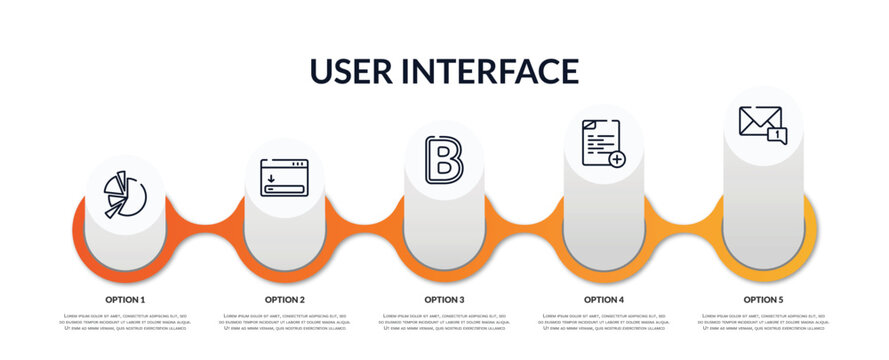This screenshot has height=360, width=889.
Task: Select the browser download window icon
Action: point(284,177)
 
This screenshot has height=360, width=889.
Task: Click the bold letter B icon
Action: point(443,160)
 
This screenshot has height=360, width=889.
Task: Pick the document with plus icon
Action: point(603,143)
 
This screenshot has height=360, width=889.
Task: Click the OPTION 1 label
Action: point(125,299)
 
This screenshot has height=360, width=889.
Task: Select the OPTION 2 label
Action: point(285,299)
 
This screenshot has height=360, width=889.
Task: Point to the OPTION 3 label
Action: point(444,299)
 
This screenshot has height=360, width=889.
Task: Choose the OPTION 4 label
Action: point(604,299)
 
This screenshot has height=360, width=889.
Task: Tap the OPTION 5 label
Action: point(763,299)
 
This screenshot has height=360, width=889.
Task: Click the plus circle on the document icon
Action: point(617,158)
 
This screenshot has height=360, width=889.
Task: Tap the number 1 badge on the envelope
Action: point(777,135)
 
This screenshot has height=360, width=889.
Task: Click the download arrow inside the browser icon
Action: point(271,180)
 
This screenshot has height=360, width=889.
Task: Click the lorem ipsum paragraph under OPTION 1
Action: point(125,322)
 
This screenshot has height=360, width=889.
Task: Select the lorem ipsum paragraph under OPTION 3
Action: point(444,322)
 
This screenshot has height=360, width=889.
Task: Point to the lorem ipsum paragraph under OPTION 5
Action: point(763,322)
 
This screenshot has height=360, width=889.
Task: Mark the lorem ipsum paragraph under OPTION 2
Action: point(285,322)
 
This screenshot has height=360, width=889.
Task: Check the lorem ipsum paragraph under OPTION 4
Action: point(604,322)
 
